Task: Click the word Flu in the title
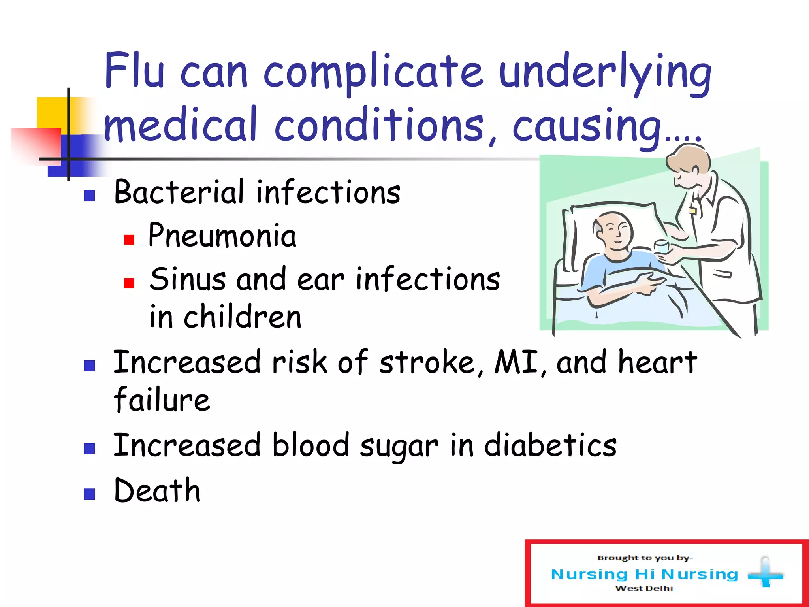(x=134, y=71)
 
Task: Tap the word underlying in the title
(x=605, y=73)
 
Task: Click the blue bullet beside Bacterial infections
(x=89, y=196)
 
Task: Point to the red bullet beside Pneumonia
(x=129, y=239)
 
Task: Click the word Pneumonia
(x=222, y=236)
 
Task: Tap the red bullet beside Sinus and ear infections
(x=129, y=283)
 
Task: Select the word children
(x=243, y=317)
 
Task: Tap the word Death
(x=157, y=490)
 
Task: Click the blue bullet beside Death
(x=89, y=494)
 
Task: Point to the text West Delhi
(x=644, y=588)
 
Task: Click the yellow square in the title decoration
(x=51, y=112)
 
